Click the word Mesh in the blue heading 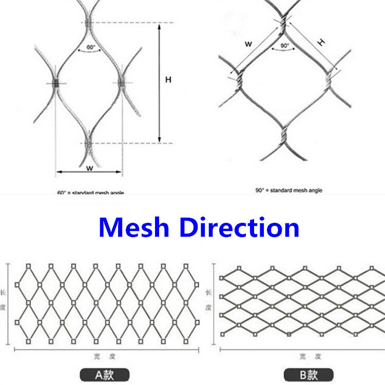tap(134, 227)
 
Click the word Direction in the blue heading tap(240, 227)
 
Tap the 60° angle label tap(90, 47)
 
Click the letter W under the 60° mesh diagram tap(89, 167)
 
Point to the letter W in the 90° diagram tap(248, 44)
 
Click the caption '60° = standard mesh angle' tap(90, 193)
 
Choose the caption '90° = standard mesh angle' tap(288, 190)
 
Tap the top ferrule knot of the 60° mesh tap(89, 23)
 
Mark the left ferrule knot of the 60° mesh tap(56, 83)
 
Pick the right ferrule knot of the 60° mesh tap(122, 82)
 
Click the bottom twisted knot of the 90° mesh tap(283, 135)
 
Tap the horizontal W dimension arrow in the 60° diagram tap(89, 172)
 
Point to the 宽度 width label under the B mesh tap(310, 356)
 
